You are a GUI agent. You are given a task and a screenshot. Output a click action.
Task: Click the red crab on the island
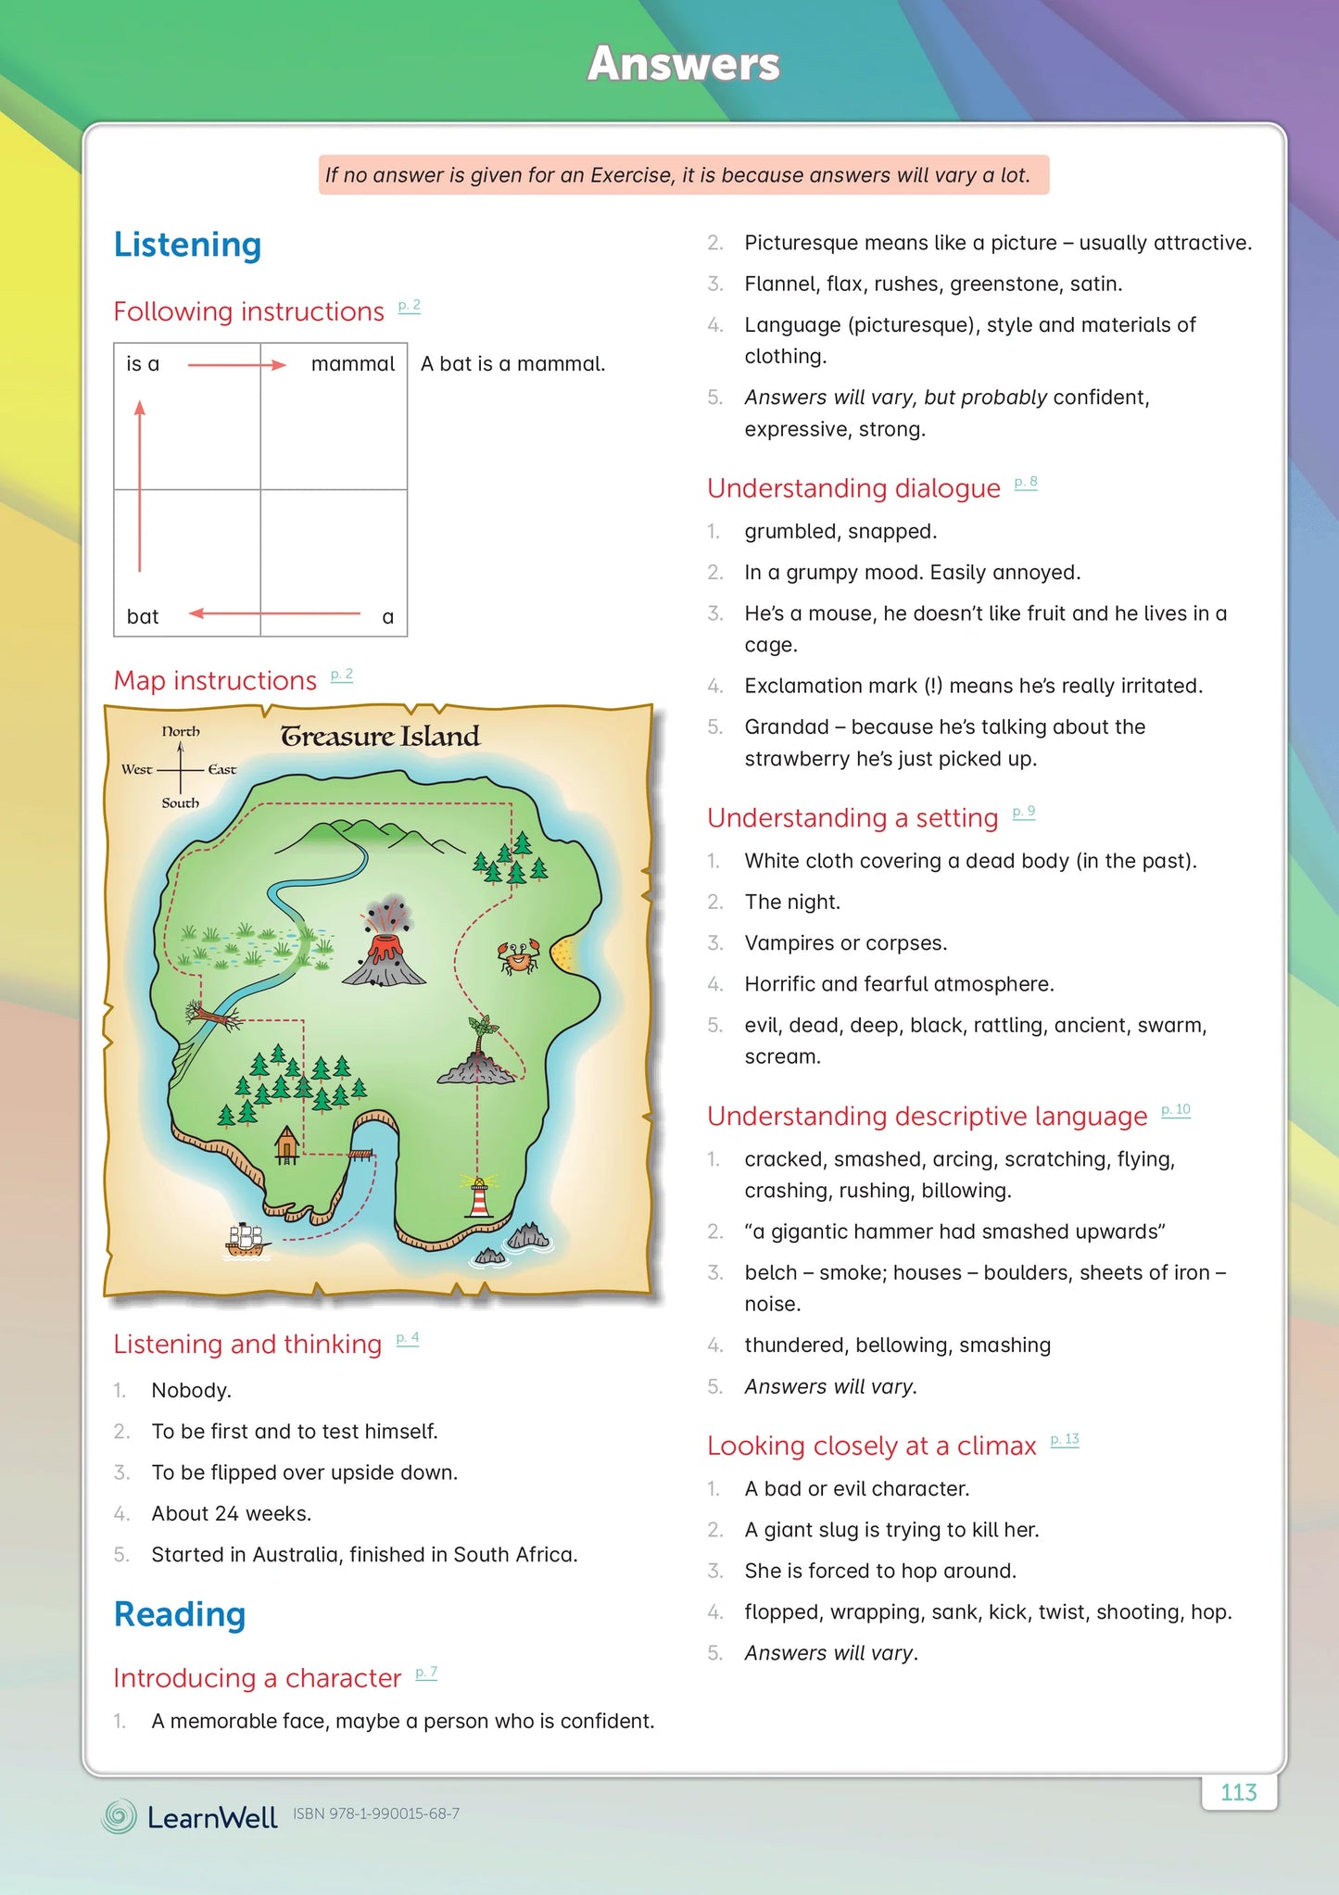519,956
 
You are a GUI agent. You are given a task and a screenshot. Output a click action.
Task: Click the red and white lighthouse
479,1196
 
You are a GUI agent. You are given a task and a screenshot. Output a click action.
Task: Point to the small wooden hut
287,1144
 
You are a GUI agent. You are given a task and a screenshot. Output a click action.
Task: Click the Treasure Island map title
380,737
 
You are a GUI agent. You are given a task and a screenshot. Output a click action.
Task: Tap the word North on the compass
181,731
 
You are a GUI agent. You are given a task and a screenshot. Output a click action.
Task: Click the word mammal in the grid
352,364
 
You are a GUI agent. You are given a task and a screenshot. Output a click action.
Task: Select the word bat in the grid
143,617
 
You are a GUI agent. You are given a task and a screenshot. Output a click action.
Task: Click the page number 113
1239,1792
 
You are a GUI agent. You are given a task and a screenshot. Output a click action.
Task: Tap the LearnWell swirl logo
119,1816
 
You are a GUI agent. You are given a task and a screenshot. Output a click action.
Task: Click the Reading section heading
180,1613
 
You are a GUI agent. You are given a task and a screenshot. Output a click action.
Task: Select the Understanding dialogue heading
853,488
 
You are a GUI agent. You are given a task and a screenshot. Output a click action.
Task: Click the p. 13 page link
1065,1440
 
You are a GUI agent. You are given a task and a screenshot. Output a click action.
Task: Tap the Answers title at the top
684,64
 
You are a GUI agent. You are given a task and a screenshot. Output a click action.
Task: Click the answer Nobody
191,1390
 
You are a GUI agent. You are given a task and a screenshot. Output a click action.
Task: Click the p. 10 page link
1176,1110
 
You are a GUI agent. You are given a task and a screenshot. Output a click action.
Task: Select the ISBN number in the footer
376,1813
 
